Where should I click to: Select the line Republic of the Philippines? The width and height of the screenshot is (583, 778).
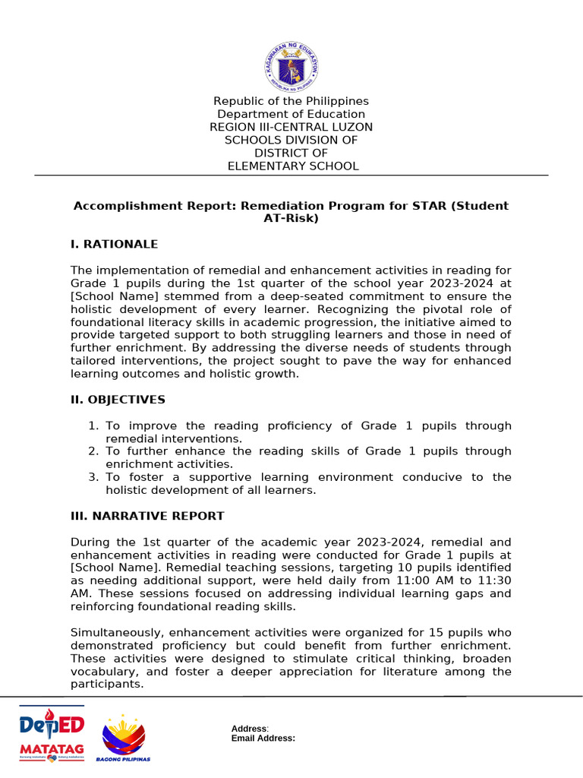(x=291, y=101)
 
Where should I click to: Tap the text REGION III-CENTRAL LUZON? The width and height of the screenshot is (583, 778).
(x=291, y=127)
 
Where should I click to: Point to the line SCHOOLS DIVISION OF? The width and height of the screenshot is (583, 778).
(x=291, y=140)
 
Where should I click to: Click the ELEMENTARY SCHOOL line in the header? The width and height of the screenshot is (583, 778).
(x=293, y=166)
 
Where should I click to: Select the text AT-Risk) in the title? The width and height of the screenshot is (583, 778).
(x=291, y=218)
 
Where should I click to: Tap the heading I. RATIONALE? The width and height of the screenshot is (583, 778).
(x=114, y=244)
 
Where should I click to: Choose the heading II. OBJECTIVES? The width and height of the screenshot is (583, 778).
(x=118, y=400)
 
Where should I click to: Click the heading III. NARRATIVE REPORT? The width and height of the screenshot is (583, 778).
(x=147, y=516)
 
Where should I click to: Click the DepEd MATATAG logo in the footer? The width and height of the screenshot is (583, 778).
(x=52, y=735)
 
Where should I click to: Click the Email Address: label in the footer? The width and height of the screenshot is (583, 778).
(x=263, y=738)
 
